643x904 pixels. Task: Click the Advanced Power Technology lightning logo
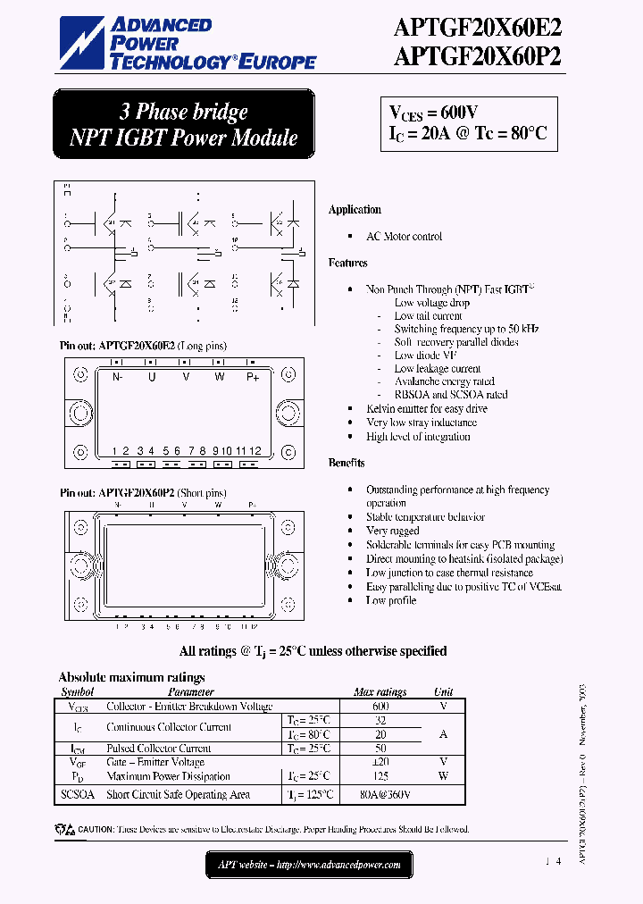point(84,43)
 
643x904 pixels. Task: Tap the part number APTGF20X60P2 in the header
point(479,56)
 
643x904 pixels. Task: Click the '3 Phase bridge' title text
point(183,112)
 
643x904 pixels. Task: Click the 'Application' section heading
point(355,210)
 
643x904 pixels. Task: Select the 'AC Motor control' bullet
point(404,237)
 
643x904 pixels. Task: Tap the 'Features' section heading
point(347,264)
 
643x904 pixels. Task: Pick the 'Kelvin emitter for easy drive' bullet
point(427,408)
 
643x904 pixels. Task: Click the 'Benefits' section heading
point(347,463)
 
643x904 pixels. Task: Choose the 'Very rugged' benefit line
point(392,531)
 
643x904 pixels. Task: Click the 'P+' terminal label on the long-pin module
point(253,377)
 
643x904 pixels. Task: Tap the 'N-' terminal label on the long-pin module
point(117,377)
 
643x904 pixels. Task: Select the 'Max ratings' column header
point(380,692)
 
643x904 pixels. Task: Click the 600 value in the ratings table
point(380,706)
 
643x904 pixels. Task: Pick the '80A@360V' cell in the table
point(385,794)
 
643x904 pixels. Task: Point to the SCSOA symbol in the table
point(78,794)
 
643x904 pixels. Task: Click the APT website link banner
point(309,865)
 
